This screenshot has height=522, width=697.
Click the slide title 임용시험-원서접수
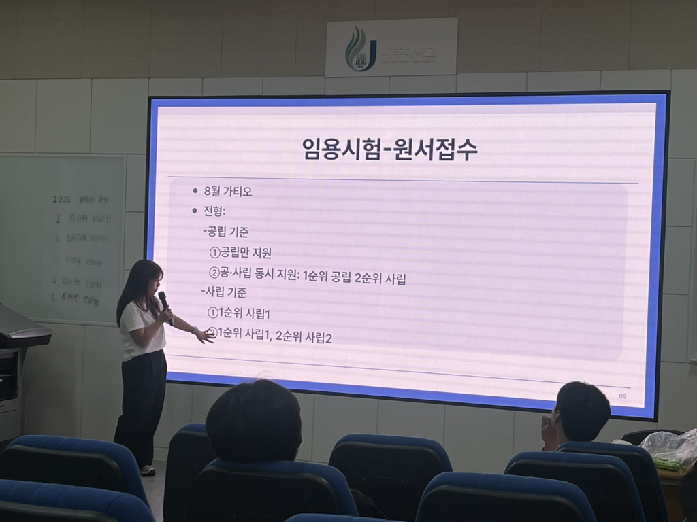[389, 149]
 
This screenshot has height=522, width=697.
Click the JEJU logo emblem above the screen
[360, 50]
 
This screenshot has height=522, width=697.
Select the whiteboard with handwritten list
[65, 238]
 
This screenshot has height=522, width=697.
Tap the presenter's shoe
[147, 470]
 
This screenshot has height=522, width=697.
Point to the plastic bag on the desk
[670, 449]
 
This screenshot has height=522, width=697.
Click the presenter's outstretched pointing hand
[204, 335]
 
